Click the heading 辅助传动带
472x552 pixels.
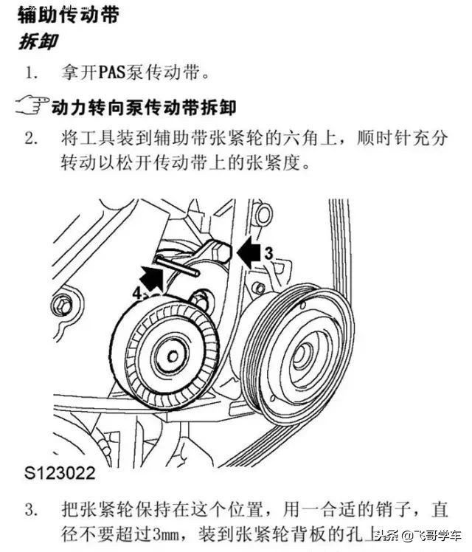click(x=68, y=15)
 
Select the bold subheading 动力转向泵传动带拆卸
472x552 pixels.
click(x=144, y=108)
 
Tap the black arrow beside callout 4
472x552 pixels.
click(x=152, y=280)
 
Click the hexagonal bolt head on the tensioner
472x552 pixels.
click(x=223, y=255)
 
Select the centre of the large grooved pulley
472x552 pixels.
click(x=304, y=356)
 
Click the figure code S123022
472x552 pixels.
click(x=68, y=469)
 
